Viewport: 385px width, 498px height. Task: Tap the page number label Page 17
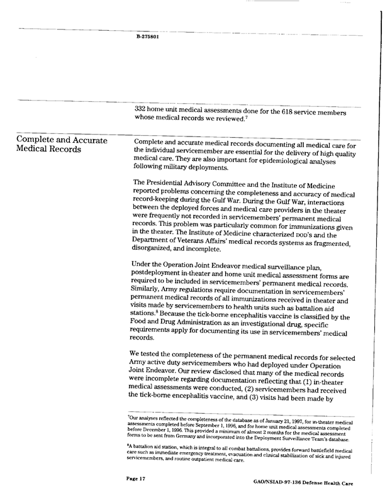135,479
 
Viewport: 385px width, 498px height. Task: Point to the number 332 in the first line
141,108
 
